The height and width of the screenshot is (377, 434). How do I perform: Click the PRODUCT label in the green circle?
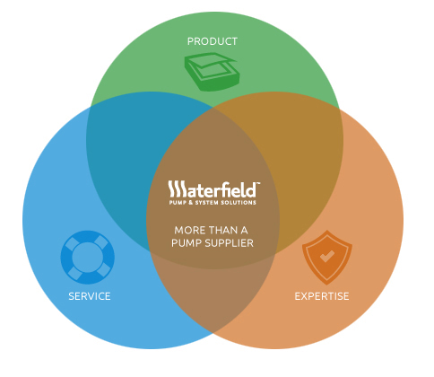(213, 41)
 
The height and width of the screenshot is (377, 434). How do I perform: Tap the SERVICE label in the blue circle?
(90, 296)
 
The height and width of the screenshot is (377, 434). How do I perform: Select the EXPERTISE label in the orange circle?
(322, 296)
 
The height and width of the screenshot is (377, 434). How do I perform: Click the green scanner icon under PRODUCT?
(213, 72)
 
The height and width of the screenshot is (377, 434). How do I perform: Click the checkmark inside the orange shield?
(327, 257)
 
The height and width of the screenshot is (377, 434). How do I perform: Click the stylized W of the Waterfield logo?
(177, 188)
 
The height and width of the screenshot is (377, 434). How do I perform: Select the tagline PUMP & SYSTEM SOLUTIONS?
(213, 203)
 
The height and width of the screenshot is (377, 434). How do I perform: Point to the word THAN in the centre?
(222, 230)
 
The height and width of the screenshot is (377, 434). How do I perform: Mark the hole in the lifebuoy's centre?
(88, 258)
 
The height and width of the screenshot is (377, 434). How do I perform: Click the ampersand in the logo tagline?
(190, 203)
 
